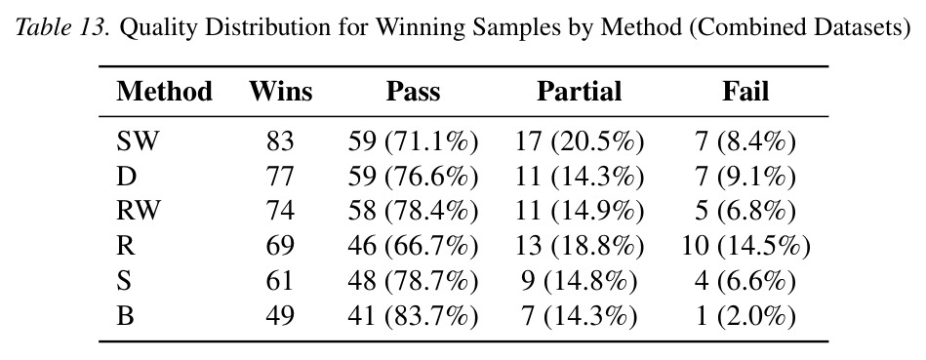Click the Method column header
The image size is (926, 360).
164,92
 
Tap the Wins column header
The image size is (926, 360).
280,92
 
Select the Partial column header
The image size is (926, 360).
579,92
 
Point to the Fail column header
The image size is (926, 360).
745,92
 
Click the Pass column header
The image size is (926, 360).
413,92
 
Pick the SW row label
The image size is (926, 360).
138,141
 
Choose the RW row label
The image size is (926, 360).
139,211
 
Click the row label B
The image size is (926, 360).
125,315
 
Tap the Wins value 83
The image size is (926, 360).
280,141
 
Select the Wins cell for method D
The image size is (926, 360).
280,177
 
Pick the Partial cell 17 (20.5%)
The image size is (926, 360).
580,141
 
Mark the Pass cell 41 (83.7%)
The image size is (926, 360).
412,315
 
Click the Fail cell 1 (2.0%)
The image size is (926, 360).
745,315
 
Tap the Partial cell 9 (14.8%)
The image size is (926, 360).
580,280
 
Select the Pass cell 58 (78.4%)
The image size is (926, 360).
412,211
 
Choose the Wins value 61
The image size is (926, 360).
280,280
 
